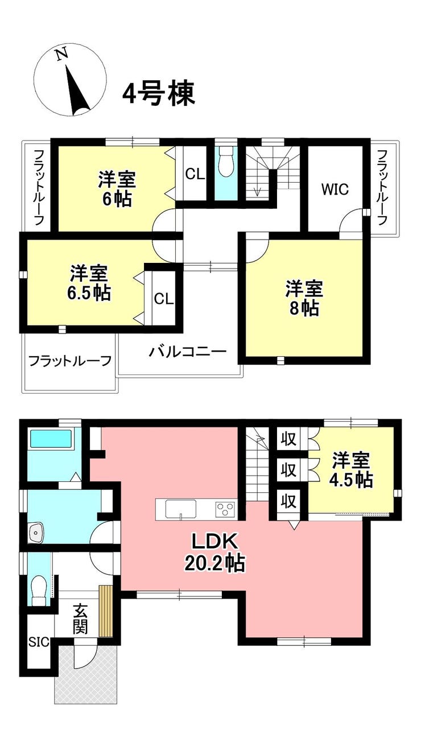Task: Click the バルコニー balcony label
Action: pyautogui.click(x=188, y=352)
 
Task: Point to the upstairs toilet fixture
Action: pyautogui.click(x=226, y=162)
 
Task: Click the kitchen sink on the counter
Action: pyautogui.click(x=181, y=509)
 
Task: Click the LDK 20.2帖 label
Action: pyautogui.click(x=215, y=552)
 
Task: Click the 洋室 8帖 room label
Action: pyautogui.click(x=304, y=299)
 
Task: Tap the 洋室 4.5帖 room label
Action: pyautogui.click(x=351, y=470)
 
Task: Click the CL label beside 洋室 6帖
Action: pyautogui.click(x=195, y=174)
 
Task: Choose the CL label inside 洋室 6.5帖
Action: pyautogui.click(x=164, y=299)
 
